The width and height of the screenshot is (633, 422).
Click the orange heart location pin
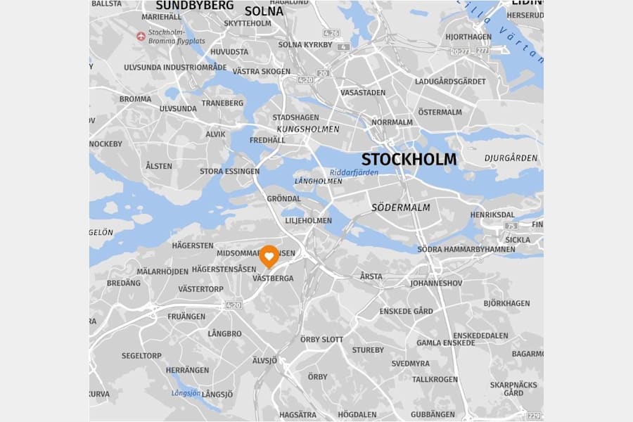pos(269,257)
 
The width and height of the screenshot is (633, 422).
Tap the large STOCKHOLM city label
pos(409,160)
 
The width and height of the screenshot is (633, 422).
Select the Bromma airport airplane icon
pos(141,36)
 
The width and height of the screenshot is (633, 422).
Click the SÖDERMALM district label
pos(400,207)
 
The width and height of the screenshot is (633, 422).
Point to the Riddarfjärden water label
pos(354,172)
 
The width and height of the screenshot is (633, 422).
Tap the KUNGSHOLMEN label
pos(308,129)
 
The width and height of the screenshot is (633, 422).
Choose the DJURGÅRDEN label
pos(511,158)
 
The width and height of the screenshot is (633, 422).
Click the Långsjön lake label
pos(186,393)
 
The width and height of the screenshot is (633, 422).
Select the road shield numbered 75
pos(511,226)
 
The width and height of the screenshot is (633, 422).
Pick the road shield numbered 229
pos(535,416)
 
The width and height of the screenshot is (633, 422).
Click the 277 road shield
pos(482,51)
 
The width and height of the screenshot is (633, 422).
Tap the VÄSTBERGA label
pos(273,279)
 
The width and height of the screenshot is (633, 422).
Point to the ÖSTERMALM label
pos(440,112)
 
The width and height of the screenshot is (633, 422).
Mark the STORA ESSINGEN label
pos(229,171)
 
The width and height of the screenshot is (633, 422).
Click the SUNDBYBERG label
pos(195,6)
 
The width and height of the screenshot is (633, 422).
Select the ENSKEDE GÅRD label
pos(406,311)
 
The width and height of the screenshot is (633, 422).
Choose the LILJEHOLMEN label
pos(308,220)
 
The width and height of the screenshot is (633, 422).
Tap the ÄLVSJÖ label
pos(264,360)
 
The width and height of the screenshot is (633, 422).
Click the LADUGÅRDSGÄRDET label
pos(450,82)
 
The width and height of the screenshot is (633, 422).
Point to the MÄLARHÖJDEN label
pos(162,271)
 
